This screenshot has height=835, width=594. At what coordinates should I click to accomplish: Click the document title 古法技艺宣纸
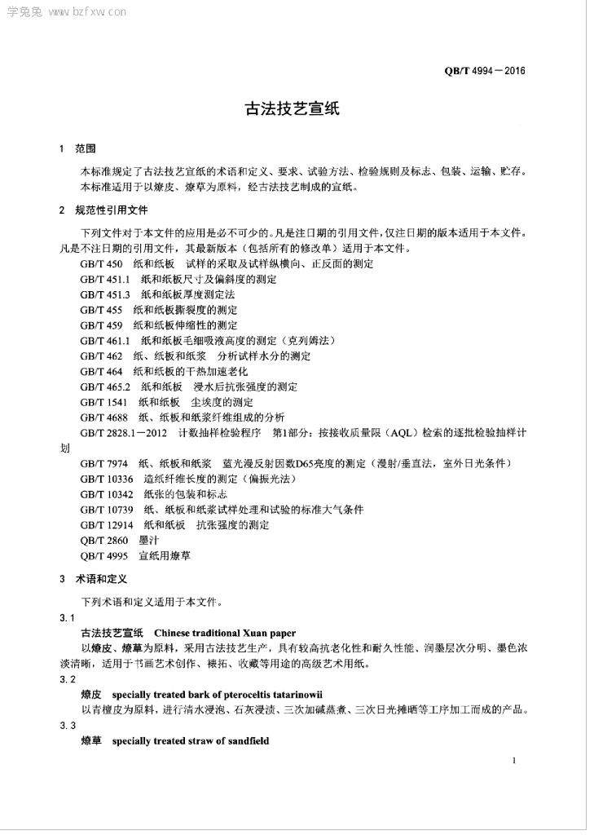pyautogui.click(x=297, y=108)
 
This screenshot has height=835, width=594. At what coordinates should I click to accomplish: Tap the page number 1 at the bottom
pyautogui.click(x=514, y=760)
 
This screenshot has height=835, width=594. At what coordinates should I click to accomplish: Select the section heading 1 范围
pyautogui.click(x=77, y=149)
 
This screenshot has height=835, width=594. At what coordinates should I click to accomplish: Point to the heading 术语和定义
pyautogui.click(x=102, y=580)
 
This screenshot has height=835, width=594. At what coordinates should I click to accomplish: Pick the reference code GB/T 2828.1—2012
pyautogui.click(x=123, y=433)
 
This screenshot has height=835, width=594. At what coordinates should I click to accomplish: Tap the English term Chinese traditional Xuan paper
pyautogui.click(x=225, y=633)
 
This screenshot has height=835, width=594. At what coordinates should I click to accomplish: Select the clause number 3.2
pyautogui.click(x=68, y=679)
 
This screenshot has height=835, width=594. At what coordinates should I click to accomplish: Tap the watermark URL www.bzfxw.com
pyautogui.click(x=86, y=12)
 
